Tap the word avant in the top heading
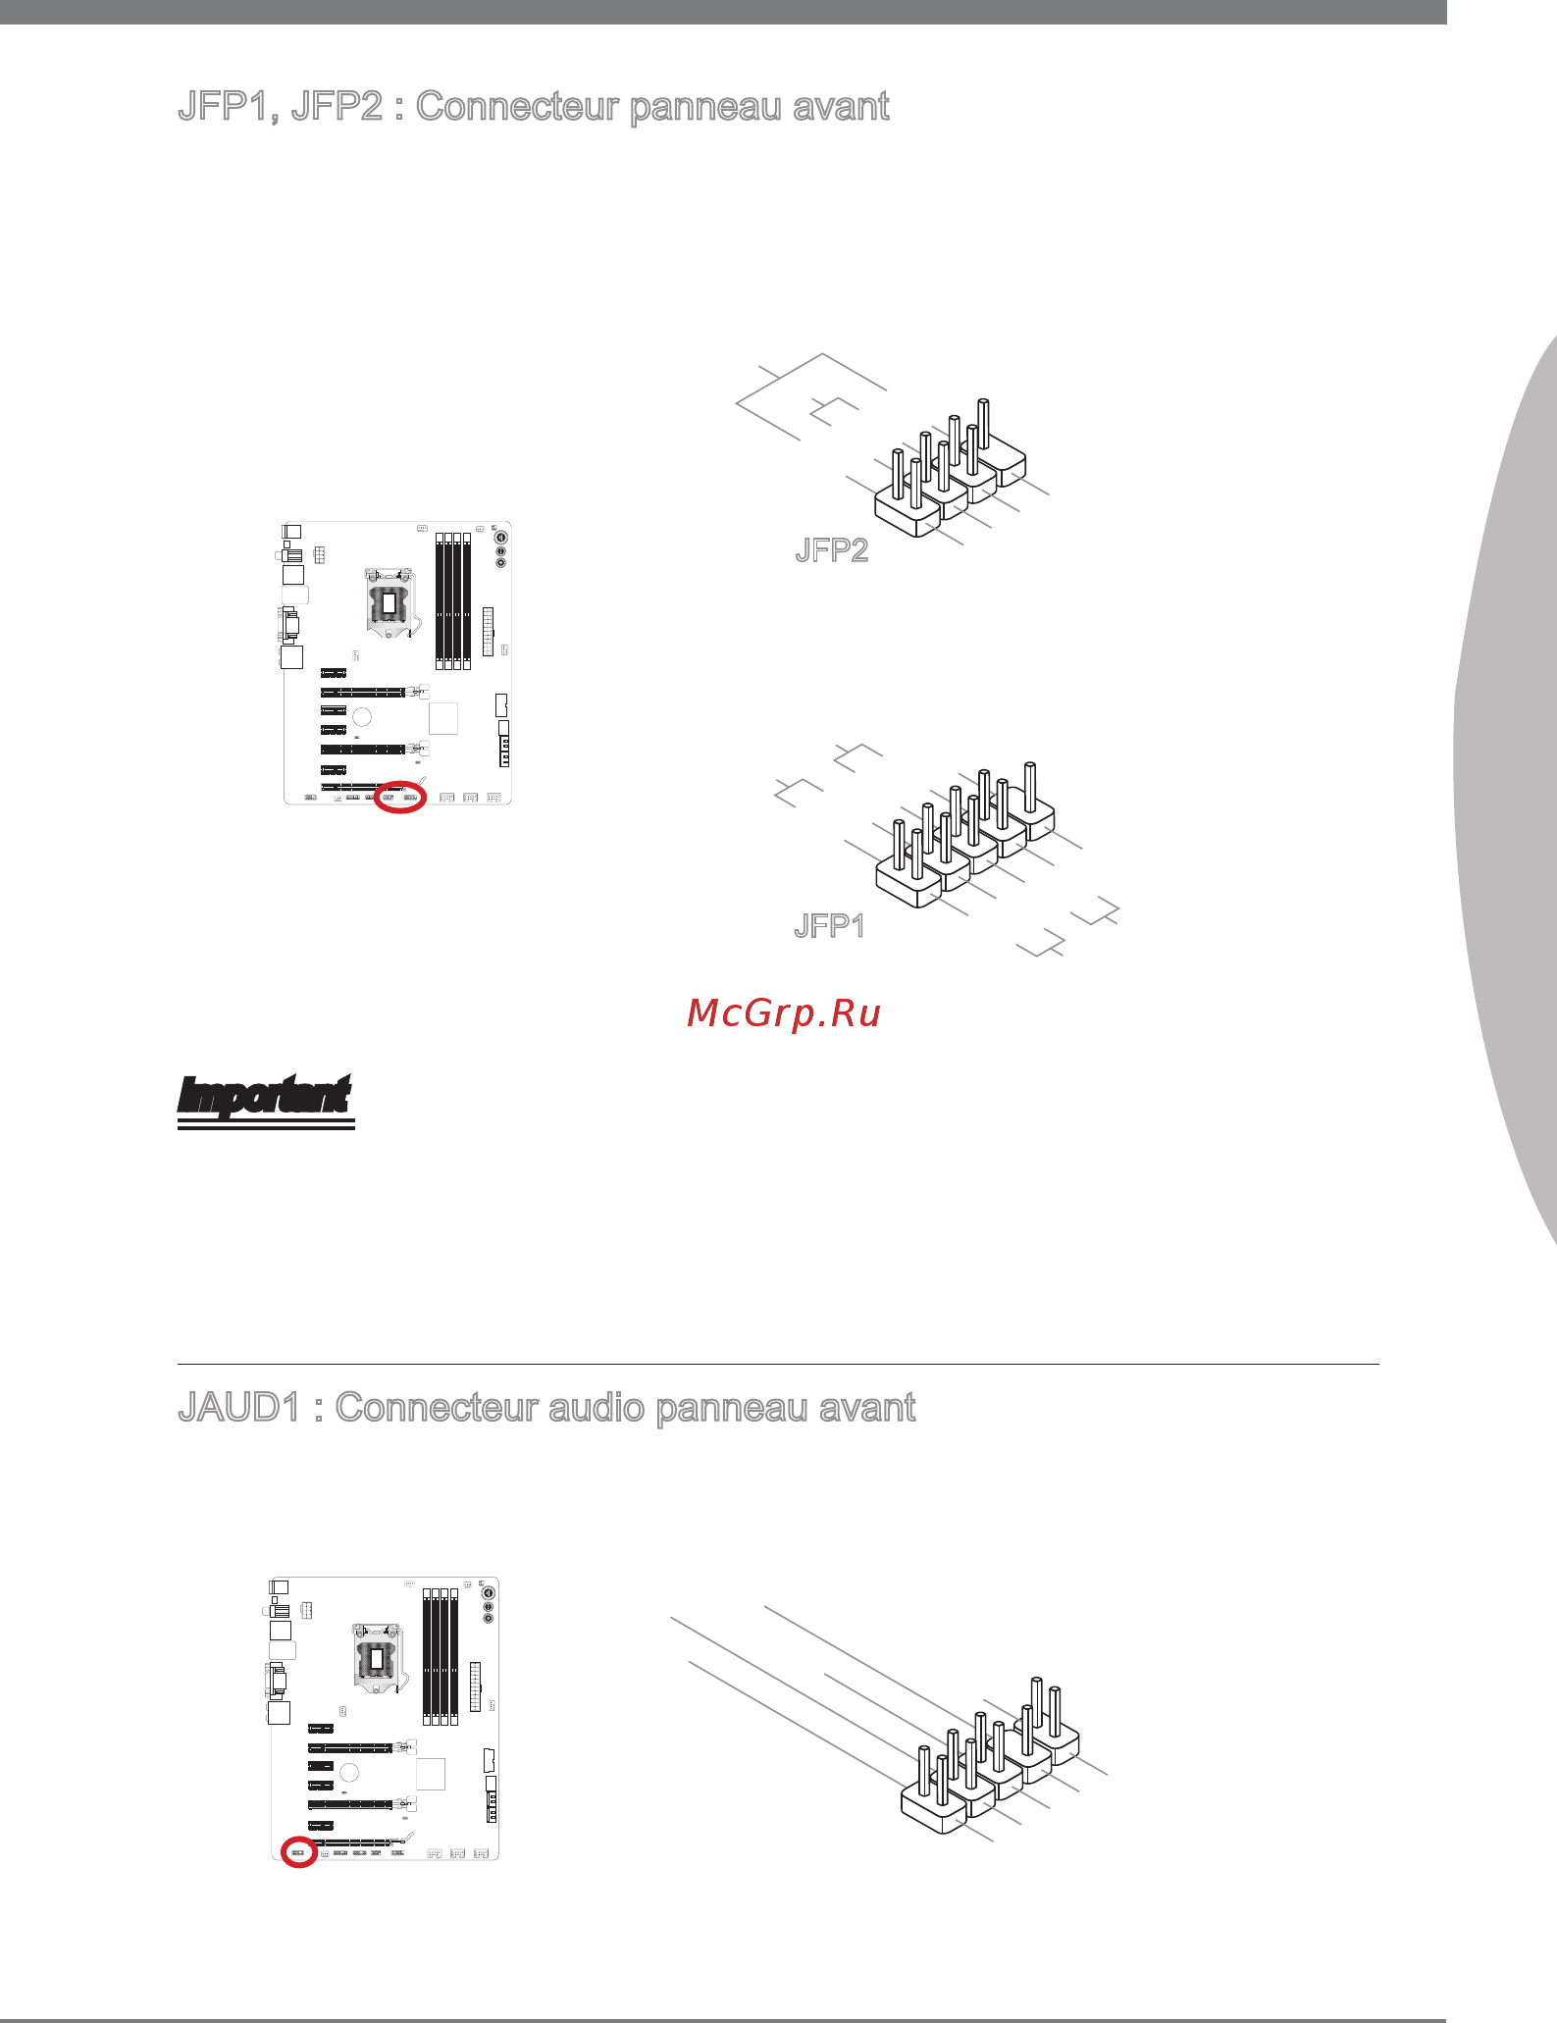coord(841,107)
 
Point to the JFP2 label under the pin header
coord(832,550)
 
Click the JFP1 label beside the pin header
coord(829,926)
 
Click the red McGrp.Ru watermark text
coord(784,1013)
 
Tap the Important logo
coord(265,1101)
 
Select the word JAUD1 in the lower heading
coord(239,1408)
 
